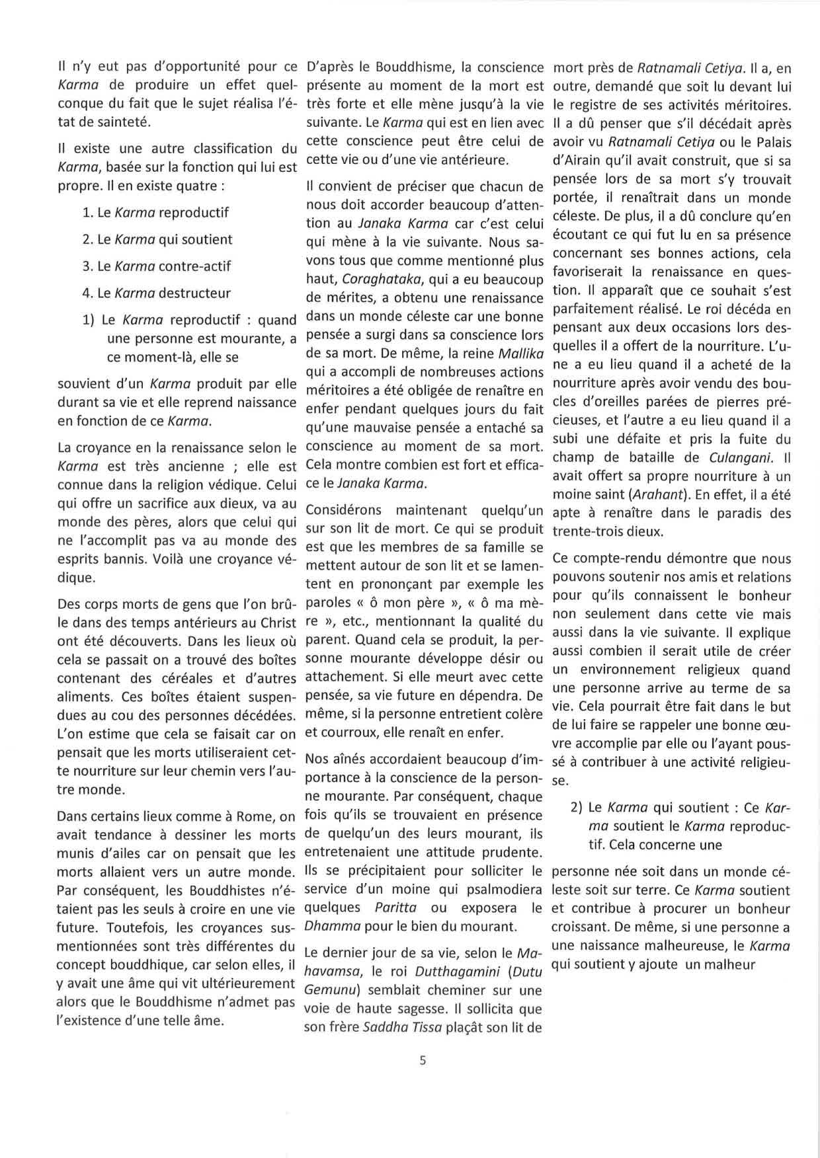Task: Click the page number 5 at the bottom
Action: (423, 1061)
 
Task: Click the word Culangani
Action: (739, 457)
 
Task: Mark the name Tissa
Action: (430, 1028)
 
